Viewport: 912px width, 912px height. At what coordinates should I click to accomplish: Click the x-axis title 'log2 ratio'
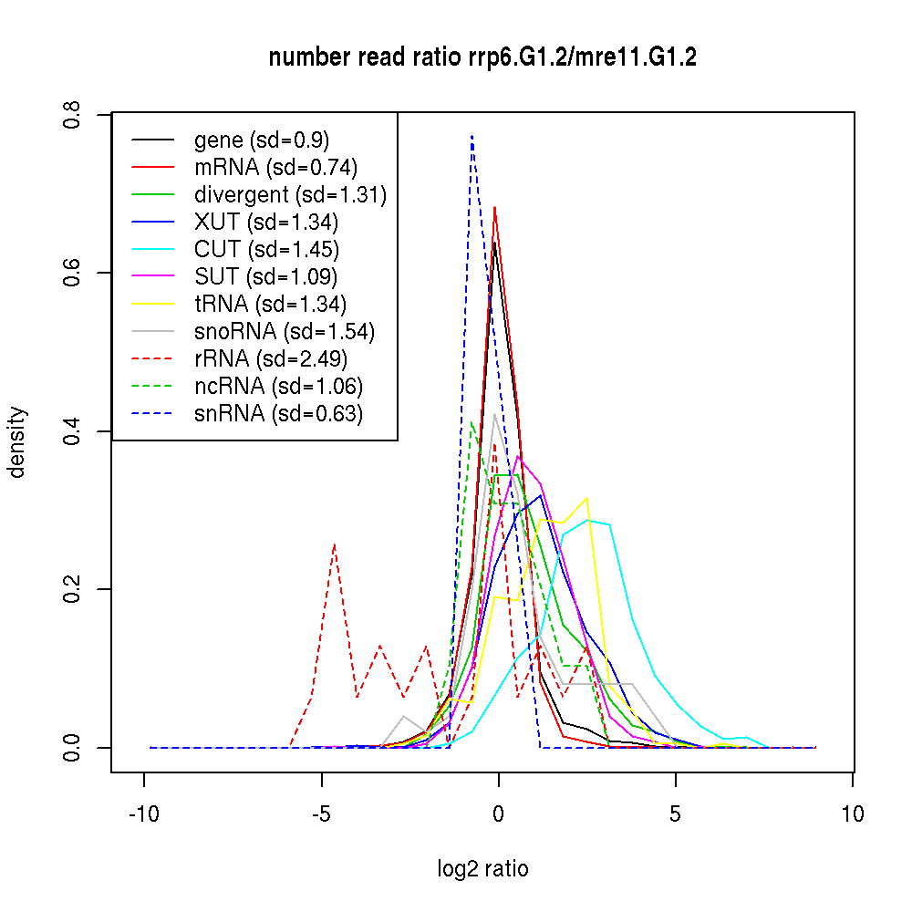[482, 868]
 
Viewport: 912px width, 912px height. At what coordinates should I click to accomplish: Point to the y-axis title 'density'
[17, 442]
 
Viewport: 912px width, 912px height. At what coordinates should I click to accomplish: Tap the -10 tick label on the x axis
[144, 814]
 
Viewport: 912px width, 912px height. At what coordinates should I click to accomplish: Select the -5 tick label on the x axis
[321, 814]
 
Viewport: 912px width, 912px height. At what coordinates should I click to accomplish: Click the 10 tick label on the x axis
[852, 814]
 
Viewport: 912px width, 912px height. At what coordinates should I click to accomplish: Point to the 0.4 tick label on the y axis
[73, 431]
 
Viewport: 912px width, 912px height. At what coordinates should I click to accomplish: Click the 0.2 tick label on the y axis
[73, 589]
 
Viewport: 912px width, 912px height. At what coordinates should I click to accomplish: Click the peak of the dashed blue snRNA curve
[472, 136]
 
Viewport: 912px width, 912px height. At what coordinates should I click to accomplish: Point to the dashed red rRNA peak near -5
[335, 544]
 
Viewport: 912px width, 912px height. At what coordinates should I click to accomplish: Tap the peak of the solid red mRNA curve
[494, 207]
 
